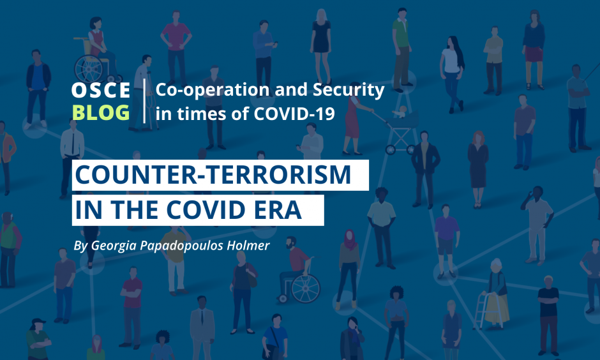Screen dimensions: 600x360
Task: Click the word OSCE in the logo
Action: coord(101,90)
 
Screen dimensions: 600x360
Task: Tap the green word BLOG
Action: coord(101,112)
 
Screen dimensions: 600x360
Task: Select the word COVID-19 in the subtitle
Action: coord(294,114)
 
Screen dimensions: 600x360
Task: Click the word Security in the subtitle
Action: coord(349,91)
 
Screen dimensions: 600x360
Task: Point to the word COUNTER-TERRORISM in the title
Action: coord(213,175)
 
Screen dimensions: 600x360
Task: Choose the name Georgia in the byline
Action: coord(113,246)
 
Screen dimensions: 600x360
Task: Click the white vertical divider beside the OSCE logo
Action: coord(144,101)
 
